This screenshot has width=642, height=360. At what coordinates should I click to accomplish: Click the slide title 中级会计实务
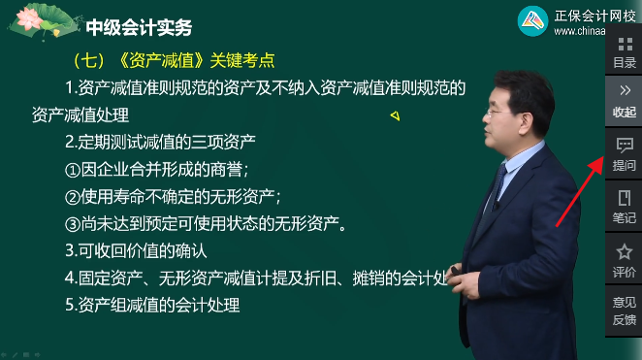click(x=139, y=26)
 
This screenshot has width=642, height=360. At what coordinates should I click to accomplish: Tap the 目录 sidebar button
click(x=624, y=52)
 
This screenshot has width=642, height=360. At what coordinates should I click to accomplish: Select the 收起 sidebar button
click(x=624, y=100)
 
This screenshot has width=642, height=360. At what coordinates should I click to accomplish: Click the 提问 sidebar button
click(x=624, y=154)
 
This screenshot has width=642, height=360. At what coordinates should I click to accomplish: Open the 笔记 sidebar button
click(x=624, y=207)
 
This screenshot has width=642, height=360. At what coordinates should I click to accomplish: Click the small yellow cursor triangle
click(x=395, y=116)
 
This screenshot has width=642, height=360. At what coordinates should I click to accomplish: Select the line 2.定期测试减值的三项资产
click(x=160, y=141)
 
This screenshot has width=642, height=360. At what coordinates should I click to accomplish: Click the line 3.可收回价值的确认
click(x=136, y=250)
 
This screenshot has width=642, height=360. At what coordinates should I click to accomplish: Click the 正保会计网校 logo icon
click(x=532, y=21)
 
